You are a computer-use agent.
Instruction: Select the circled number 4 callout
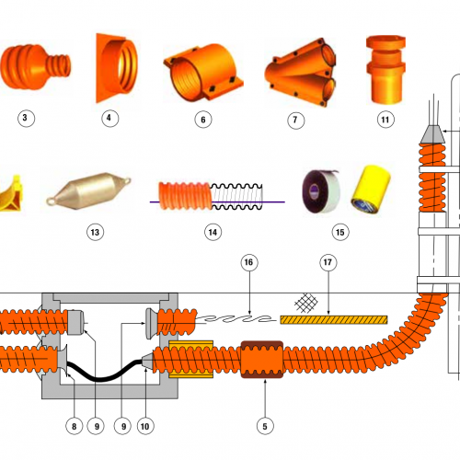(110, 119)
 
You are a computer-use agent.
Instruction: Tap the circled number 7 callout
(294, 119)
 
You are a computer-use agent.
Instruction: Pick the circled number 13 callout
(95, 232)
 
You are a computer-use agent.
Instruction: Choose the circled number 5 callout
(265, 425)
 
